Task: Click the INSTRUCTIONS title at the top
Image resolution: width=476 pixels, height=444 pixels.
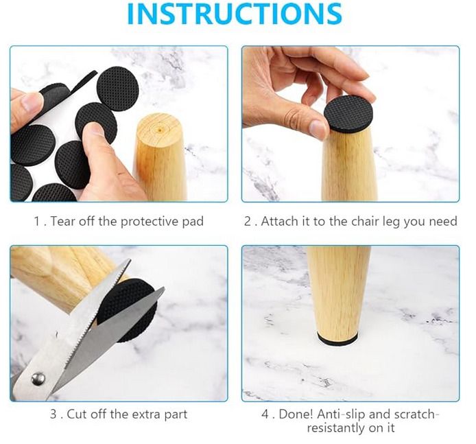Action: [x=235, y=14]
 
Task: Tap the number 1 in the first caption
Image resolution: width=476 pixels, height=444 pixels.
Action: [x=37, y=222]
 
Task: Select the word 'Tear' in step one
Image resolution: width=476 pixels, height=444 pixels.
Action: [x=62, y=222]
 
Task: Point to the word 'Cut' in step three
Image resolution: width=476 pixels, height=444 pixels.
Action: [x=77, y=414]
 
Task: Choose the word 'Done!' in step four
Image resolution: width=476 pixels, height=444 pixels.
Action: [x=296, y=414]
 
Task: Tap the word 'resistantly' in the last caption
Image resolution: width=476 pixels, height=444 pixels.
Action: [x=336, y=428]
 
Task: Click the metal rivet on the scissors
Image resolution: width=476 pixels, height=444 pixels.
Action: [x=38, y=379]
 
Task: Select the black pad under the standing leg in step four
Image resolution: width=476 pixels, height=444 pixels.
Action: [x=337, y=339]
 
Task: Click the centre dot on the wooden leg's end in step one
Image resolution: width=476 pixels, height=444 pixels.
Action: [x=160, y=130]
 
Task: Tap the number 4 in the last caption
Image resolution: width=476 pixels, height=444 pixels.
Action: [x=265, y=414]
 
